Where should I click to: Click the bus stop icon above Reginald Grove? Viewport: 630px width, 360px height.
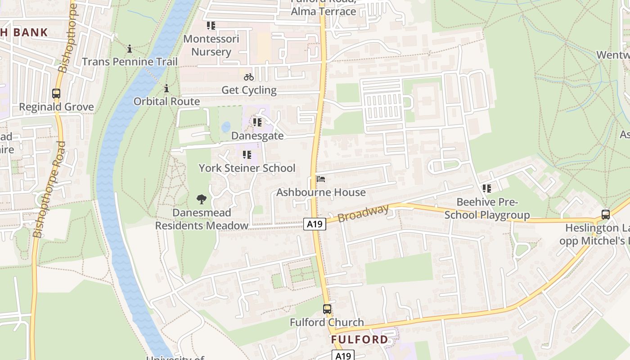tap(56, 94)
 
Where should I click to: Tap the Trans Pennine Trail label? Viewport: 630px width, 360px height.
tap(130, 62)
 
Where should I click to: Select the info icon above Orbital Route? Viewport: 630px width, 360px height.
tap(166, 88)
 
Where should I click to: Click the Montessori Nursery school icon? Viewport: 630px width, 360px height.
tap(211, 26)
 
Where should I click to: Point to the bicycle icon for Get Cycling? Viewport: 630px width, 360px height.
tap(249, 77)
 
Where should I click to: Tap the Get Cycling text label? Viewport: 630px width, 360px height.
tap(249, 90)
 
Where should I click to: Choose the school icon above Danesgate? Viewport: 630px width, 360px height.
tap(257, 122)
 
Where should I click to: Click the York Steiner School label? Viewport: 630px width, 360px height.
tap(247, 168)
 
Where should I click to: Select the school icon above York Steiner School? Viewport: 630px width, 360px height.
tap(247, 155)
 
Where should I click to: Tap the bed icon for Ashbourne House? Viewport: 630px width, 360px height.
tap(321, 179)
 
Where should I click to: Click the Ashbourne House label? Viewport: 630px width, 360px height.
tap(321, 193)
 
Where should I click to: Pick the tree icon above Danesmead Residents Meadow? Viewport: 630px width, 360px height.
tap(202, 199)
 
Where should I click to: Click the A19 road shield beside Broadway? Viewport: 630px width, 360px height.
tap(314, 224)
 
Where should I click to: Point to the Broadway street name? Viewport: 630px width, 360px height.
tap(363, 213)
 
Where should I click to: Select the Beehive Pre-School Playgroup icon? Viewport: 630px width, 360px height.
tap(486, 189)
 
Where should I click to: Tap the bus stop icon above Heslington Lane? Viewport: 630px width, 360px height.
tap(606, 214)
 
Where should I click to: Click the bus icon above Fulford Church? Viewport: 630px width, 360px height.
tap(327, 309)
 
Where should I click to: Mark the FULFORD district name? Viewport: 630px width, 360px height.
tap(360, 339)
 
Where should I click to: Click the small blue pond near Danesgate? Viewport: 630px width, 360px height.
tap(226, 127)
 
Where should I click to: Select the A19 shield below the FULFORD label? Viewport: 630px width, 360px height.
tap(343, 355)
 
